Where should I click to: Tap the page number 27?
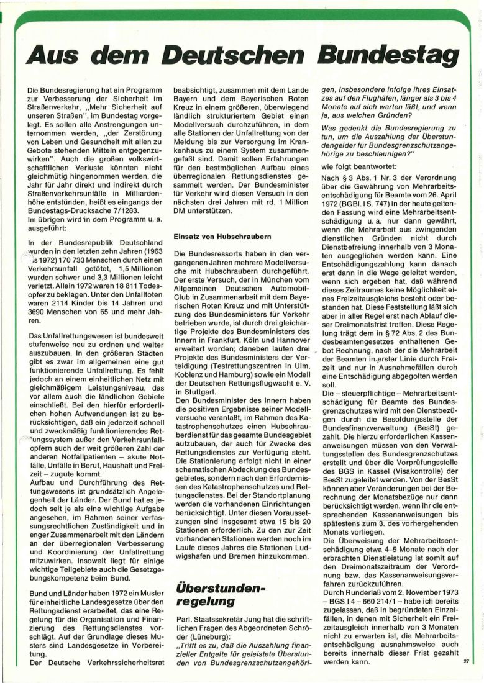466,661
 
